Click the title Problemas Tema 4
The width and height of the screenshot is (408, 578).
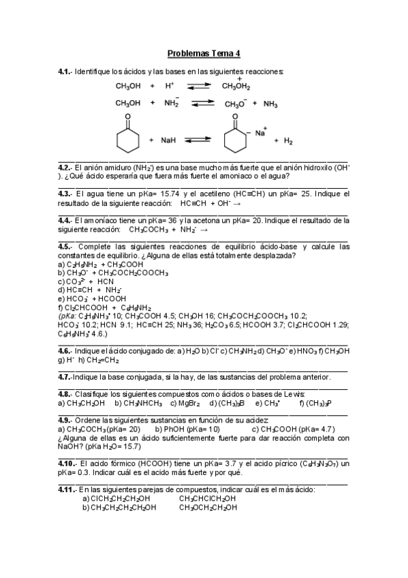click(x=204, y=54)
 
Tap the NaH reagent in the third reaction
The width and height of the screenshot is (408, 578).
click(x=168, y=140)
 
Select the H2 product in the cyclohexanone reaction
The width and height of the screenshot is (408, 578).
click(x=287, y=141)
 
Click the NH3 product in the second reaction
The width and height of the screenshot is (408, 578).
click(x=270, y=104)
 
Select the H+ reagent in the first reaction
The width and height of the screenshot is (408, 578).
click(x=170, y=87)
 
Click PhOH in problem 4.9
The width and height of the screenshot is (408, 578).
click(x=172, y=429)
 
